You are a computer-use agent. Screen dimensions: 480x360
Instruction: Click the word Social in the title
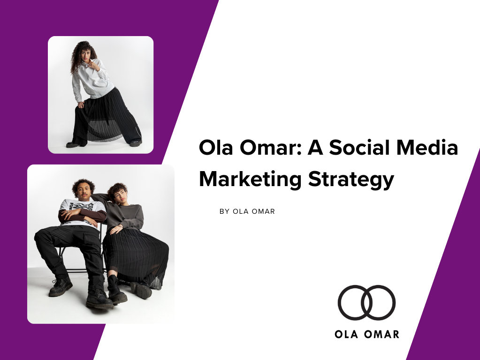tap(360, 148)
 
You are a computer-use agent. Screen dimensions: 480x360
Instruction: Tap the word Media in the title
tap(427, 148)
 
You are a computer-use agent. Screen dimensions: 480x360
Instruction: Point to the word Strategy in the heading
tap(351, 180)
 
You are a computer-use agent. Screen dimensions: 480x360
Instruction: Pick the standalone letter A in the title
tap(315, 148)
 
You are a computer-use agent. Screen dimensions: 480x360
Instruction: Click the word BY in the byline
tap(224, 211)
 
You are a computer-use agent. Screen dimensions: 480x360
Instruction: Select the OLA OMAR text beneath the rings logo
tap(367, 334)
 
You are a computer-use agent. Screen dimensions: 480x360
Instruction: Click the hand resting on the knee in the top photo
tap(81, 105)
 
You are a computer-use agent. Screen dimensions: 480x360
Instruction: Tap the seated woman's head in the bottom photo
tap(118, 193)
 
